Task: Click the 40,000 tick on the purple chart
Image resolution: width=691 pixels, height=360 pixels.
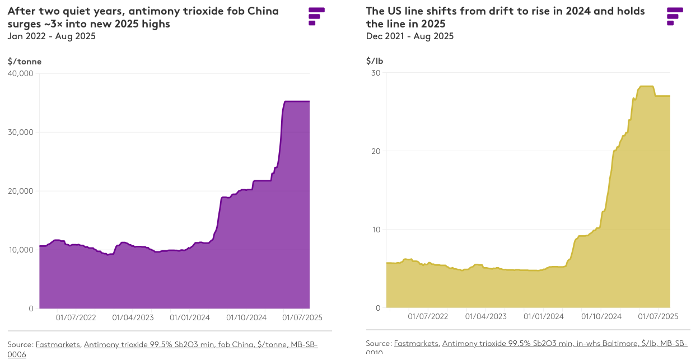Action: coord(21,73)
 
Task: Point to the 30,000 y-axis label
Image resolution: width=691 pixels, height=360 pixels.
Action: coord(21,132)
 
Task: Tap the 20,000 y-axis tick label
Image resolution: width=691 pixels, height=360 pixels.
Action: coord(21,191)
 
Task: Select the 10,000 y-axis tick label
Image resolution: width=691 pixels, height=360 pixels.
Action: coord(21,250)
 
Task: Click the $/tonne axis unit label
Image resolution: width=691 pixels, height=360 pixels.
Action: coord(25,62)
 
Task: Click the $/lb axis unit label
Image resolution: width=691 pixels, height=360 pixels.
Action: coord(375,61)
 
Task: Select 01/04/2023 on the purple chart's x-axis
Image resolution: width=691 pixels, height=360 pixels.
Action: coord(133,317)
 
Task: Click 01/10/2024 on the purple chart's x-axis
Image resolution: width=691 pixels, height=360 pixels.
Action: coord(247,317)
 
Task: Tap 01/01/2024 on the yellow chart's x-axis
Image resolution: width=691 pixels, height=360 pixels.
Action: coord(543,316)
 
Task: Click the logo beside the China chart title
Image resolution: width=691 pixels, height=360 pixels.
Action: coord(316,16)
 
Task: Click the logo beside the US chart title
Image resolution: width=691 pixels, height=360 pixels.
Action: coord(675,16)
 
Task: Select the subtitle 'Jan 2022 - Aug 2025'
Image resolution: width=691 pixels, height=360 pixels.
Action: coord(52,36)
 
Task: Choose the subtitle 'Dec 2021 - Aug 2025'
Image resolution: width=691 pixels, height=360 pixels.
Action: coord(410,36)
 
